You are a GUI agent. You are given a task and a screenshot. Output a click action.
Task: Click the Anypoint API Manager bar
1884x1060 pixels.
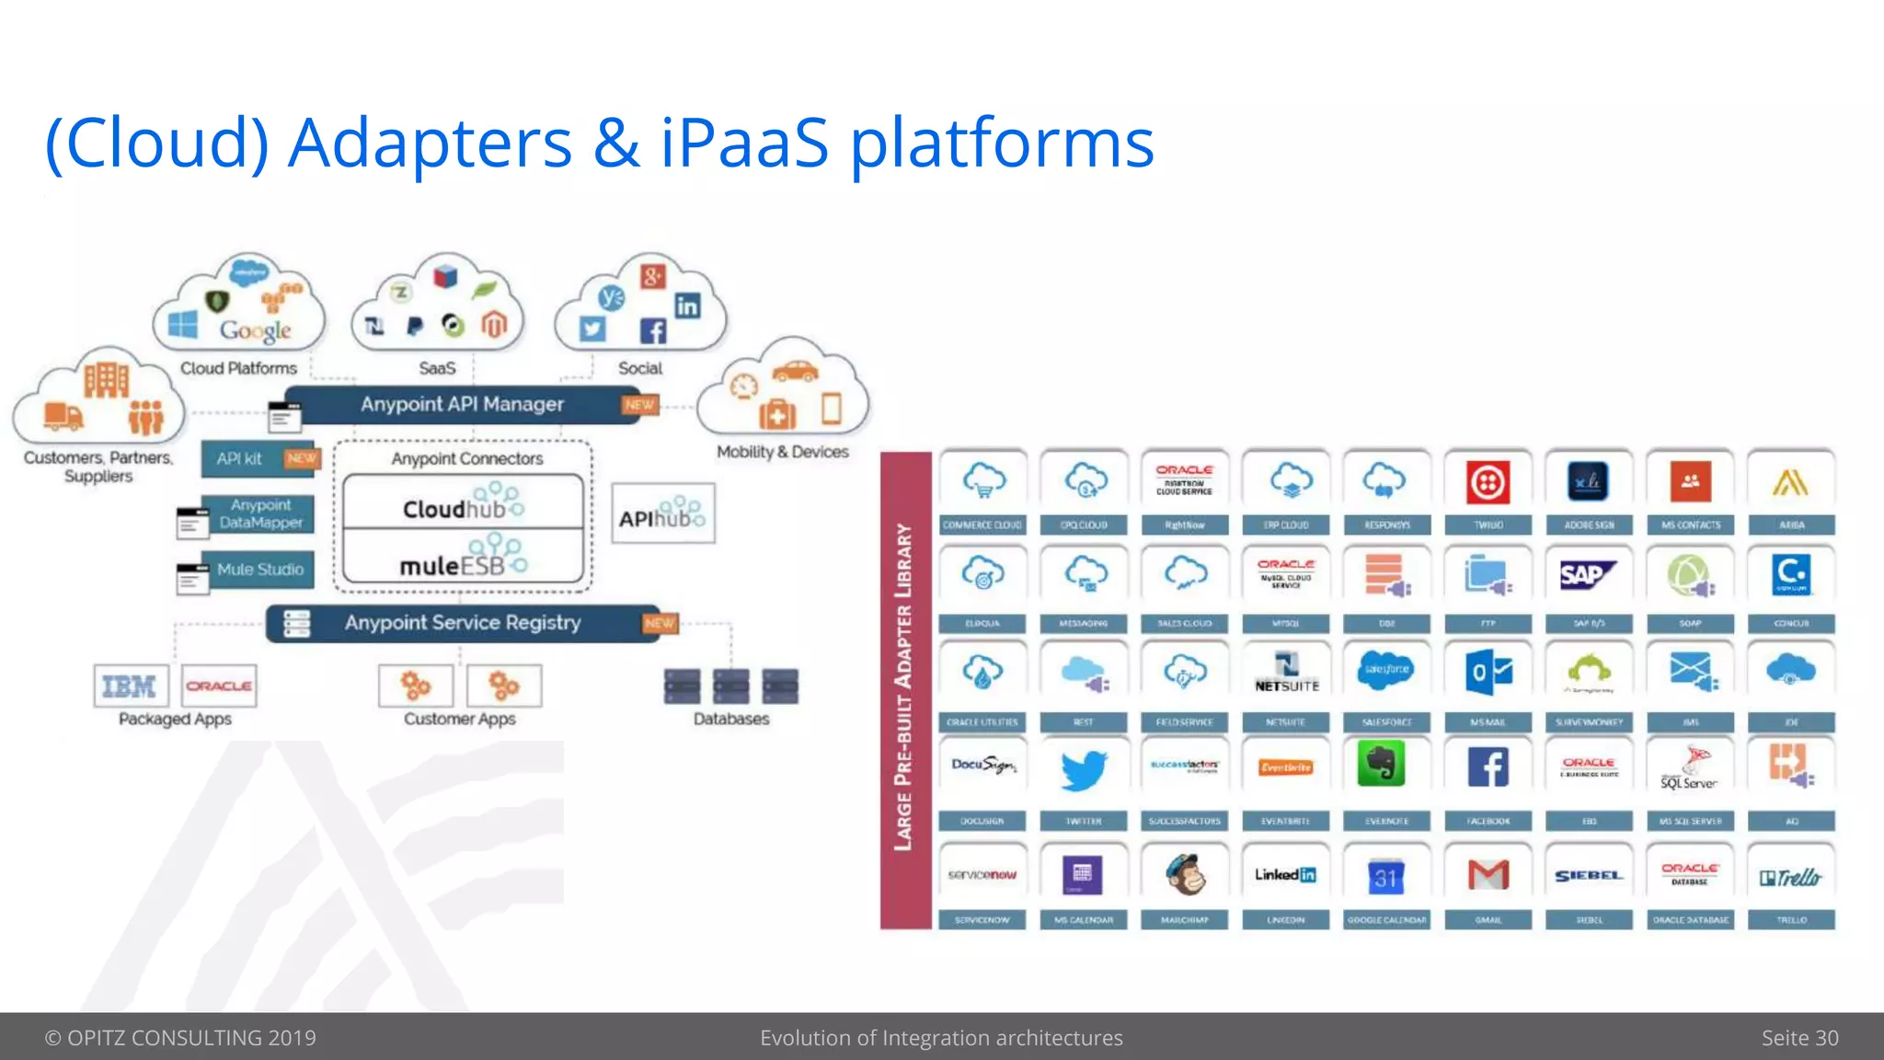pyautogui.click(x=462, y=405)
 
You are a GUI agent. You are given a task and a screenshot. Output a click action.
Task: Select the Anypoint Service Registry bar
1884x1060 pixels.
pyautogui.click(x=463, y=623)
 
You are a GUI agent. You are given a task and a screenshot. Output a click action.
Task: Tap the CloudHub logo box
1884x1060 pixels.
pyautogui.click(x=463, y=503)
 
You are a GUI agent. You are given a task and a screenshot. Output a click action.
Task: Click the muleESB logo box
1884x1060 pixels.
pyautogui.click(x=463, y=559)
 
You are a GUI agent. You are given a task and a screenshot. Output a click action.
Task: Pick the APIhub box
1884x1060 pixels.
pyautogui.click(x=662, y=513)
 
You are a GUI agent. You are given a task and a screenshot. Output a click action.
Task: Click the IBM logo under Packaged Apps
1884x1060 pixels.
pyautogui.click(x=130, y=686)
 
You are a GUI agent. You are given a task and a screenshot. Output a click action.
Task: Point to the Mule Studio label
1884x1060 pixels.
pyautogui.click(x=260, y=570)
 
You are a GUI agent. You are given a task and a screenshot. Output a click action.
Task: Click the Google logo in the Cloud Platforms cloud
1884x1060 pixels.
pyautogui.click(x=255, y=330)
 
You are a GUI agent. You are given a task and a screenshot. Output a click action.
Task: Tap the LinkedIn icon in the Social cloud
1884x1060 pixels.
pyautogui.click(x=687, y=305)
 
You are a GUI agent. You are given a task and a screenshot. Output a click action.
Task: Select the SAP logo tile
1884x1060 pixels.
pyautogui.click(x=1588, y=576)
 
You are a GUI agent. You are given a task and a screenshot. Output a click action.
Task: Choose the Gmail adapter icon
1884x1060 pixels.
pyautogui.click(x=1488, y=874)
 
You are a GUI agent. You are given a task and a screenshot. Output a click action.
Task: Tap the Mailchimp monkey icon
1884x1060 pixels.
pyautogui.click(x=1185, y=874)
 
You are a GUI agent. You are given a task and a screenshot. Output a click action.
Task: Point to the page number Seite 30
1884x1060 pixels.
pyautogui.click(x=1799, y=1038)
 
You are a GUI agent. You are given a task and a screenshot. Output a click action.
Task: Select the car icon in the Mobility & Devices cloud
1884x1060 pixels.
pyautogui.click(x=795, y=372)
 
